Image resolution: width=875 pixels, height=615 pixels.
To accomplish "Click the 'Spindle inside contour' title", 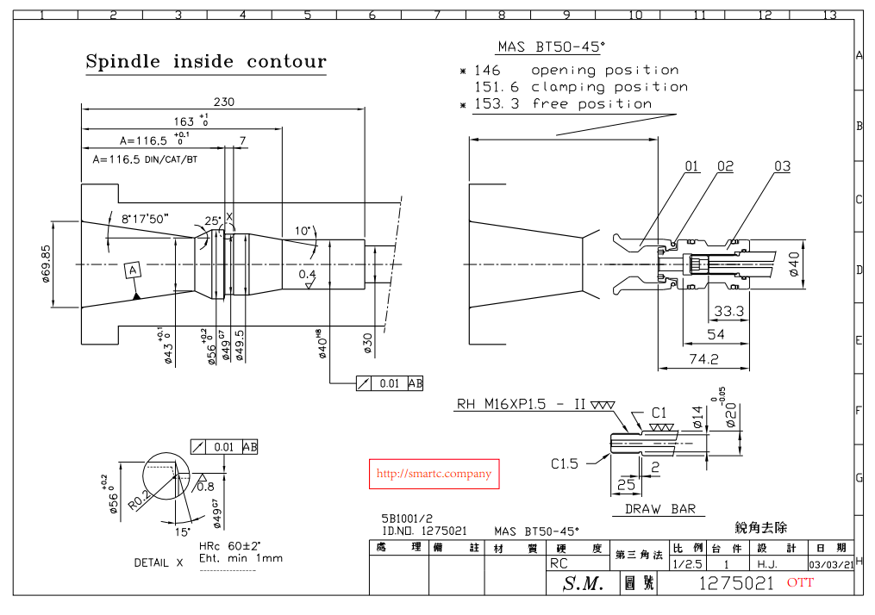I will (206, 61).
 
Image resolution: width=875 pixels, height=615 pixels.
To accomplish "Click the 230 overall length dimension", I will (224, 101).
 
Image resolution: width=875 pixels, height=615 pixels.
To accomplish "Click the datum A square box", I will (133, 270).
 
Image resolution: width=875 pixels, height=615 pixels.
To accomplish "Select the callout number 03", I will (782, 166).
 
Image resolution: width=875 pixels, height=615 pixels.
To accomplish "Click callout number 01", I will (692, 166).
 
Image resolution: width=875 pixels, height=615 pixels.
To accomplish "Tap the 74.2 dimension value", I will (703, 358).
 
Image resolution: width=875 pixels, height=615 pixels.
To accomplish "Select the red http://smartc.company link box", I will (434, 474).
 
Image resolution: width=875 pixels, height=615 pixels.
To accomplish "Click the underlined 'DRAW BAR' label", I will (659, 509).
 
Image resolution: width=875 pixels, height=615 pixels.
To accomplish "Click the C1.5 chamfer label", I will (565, 463).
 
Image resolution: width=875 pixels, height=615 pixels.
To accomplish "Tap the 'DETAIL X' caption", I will (159, 562).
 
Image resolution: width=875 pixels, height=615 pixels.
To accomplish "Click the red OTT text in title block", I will (799, 583).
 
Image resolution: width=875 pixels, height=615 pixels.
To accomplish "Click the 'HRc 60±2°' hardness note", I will (230, 546).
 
